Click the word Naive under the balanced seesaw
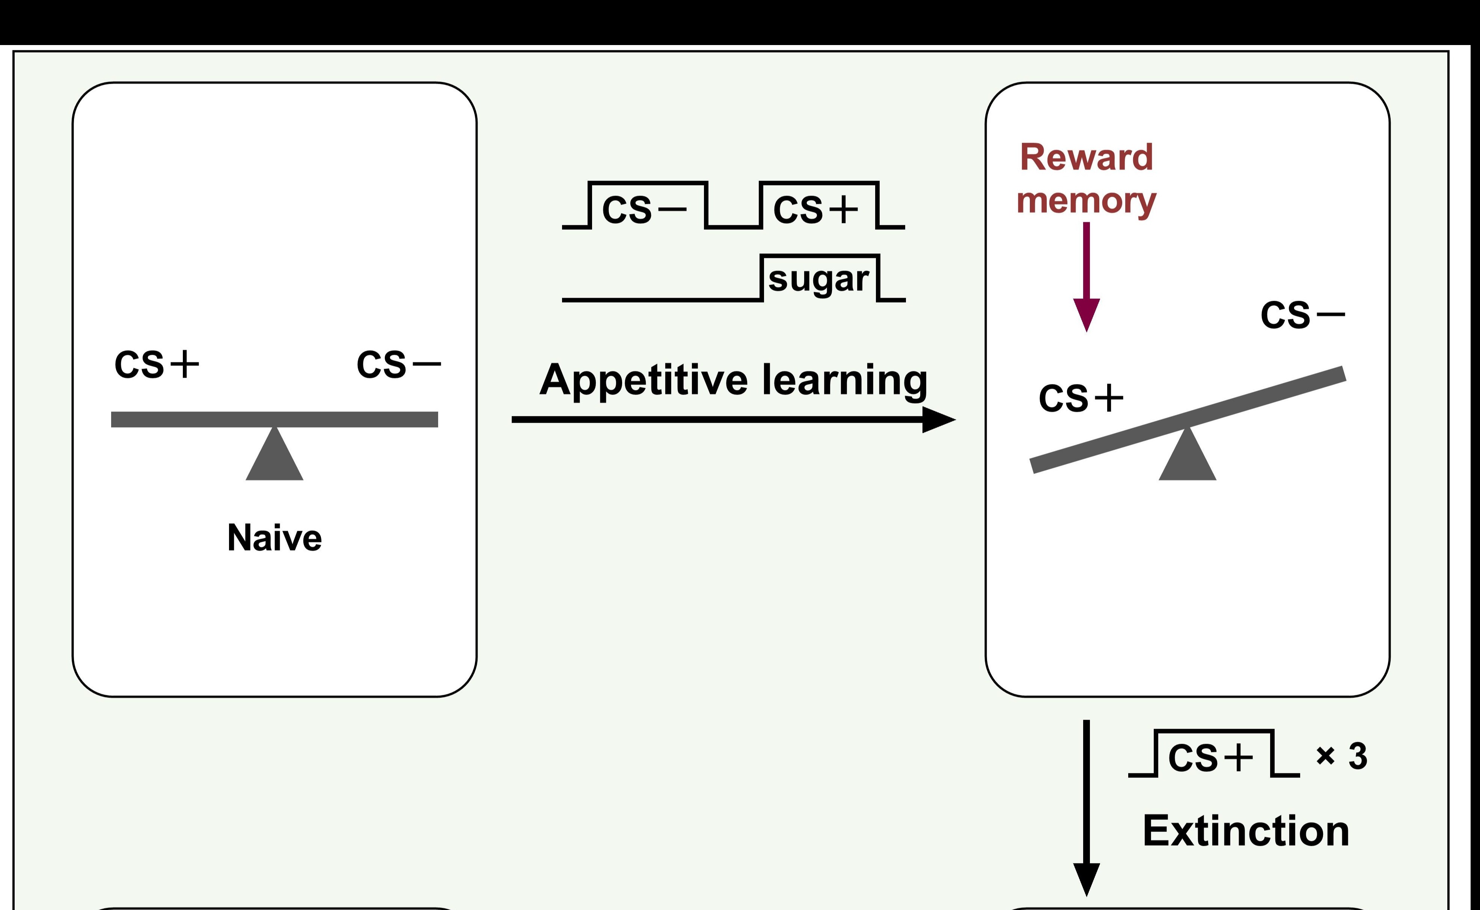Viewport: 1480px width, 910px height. [274, 538]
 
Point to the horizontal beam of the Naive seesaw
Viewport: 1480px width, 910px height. [181, 419]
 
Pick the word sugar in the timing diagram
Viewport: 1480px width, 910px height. [818, 279]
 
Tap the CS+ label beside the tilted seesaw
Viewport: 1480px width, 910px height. [1081, 398]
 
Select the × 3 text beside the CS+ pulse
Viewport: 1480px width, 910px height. [1341, 756]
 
